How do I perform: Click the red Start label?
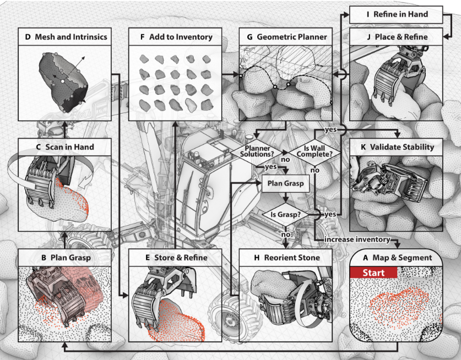(x=373, y=272)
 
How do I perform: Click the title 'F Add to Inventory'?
(x=176, y=37)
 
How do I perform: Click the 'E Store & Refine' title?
(x=176, y=257)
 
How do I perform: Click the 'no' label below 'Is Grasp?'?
(x=285, y=234)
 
